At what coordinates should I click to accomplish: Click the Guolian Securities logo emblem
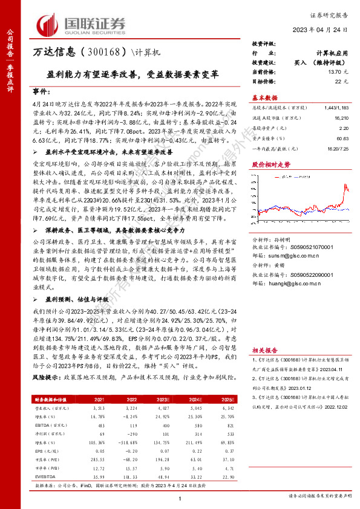50,24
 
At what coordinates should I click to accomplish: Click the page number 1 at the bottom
180,498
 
